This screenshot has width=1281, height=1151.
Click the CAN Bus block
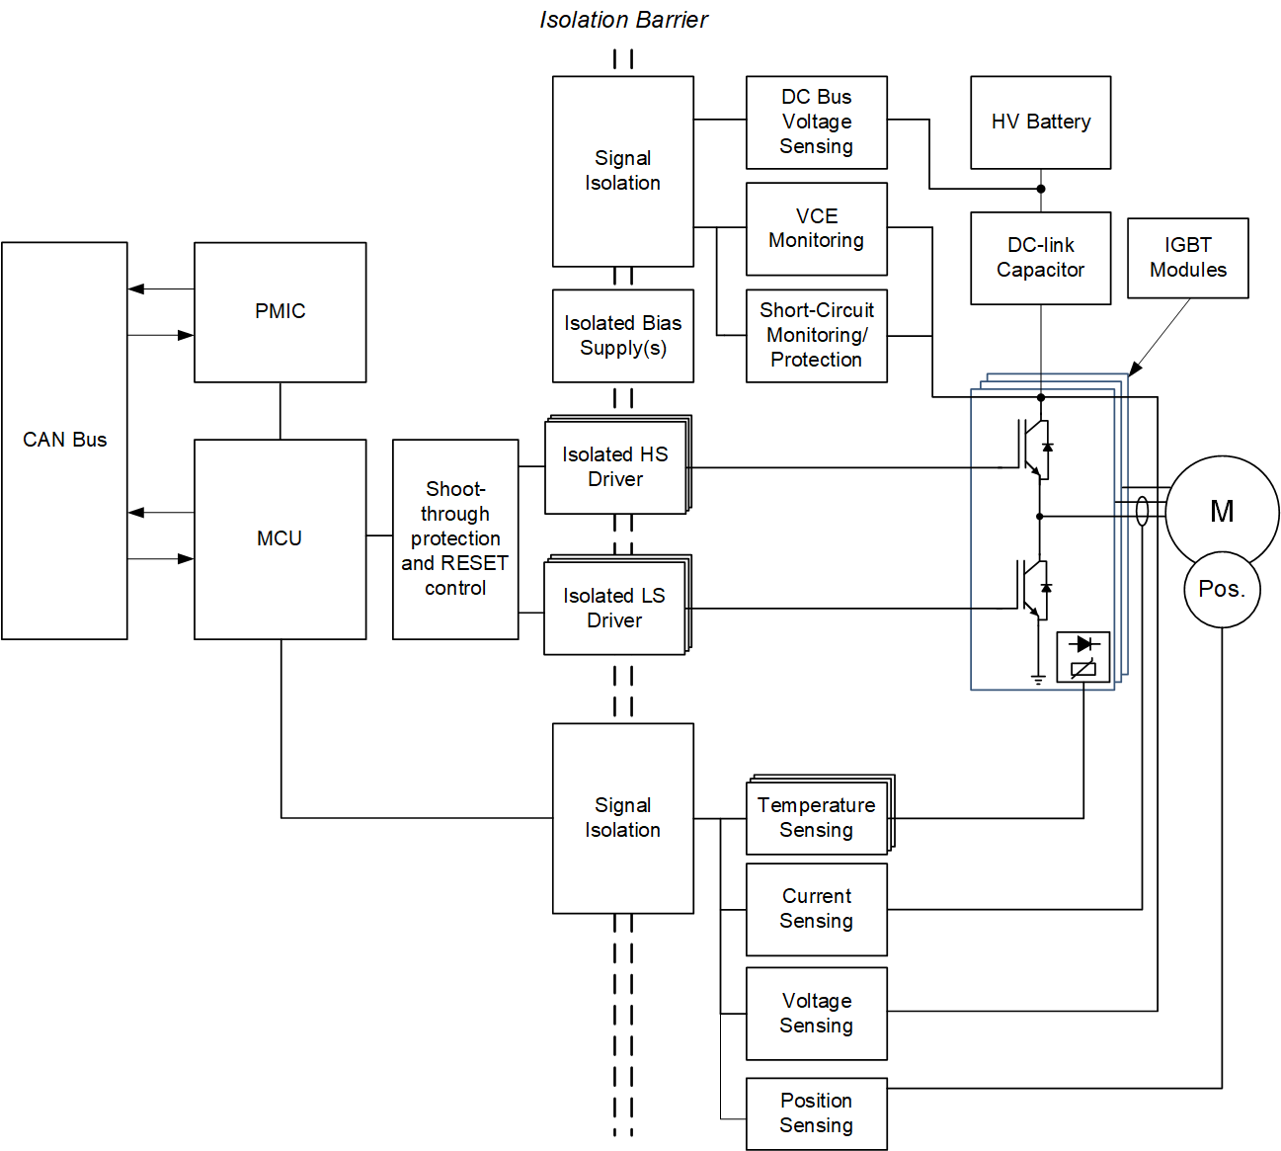point(64,441)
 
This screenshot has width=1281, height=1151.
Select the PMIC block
point(280,312)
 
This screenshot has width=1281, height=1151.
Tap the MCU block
point(280,538)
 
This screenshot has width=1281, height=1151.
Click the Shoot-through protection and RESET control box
point(455,539)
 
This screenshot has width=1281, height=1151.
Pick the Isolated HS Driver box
point(615,466)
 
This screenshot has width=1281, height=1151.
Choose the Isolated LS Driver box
point(614,608)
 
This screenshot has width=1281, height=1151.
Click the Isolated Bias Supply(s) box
point(622,336)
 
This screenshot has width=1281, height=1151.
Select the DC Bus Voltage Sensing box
point(816,123)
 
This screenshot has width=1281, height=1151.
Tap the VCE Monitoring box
point(816,229)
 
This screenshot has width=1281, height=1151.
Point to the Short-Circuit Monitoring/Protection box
point(816,336)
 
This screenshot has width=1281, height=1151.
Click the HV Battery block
point(1040,123)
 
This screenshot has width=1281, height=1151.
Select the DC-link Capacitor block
point(1040,258)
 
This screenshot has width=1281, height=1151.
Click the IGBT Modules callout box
point(1187,258)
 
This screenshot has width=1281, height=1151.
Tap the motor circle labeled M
point(1222,510)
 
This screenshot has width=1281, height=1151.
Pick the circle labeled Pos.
point(1222,590)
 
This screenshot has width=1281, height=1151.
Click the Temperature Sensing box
point(817,817)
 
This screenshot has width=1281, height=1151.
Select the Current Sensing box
point(816,909)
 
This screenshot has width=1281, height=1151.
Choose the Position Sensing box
point(816,1113)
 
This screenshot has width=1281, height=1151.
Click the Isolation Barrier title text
point(623,20)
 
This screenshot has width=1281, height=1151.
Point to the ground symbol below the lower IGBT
point(1038,679)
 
